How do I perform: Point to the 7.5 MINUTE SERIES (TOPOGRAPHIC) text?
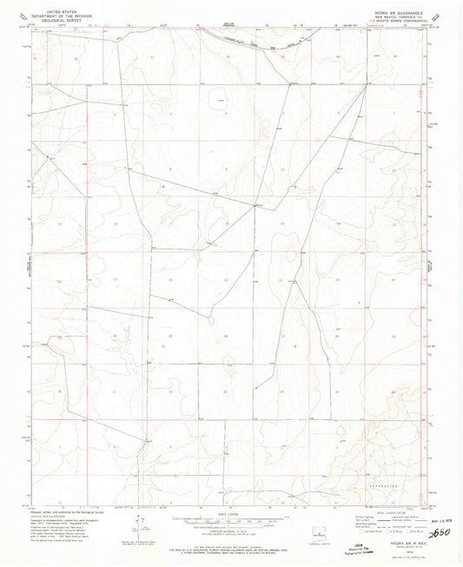click(401, 18)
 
